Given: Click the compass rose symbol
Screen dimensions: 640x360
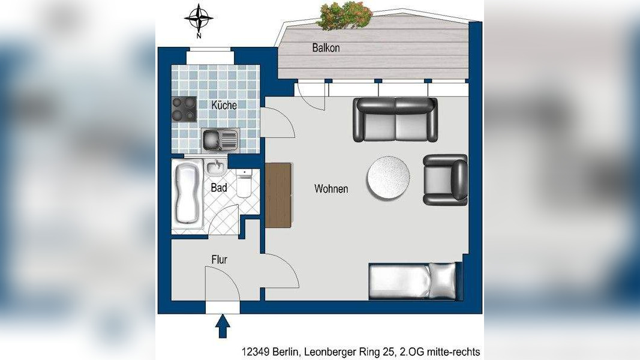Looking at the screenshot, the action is coord(199,19).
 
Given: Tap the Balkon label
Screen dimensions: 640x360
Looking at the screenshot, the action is coord(326,48).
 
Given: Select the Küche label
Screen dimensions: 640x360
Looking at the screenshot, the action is coord(224,105).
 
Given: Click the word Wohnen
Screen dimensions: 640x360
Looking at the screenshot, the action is coord(331,188).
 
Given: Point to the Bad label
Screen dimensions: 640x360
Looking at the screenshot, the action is coord(219,188).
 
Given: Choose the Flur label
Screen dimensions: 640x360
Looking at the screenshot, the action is coord(219,260).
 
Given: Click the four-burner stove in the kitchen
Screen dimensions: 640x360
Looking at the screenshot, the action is coord(184,109).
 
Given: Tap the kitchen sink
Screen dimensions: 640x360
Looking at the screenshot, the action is coord(220,139).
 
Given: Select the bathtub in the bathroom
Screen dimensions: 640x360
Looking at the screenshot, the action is coord(188,193).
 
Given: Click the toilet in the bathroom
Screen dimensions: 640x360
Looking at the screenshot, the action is coord(244,184).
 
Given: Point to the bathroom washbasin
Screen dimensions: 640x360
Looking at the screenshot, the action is coord(215,167).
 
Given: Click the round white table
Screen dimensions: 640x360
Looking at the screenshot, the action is coord(388,178).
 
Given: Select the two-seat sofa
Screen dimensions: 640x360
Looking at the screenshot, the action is coord(395,119).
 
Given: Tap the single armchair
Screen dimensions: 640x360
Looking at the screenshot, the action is coord(445,179).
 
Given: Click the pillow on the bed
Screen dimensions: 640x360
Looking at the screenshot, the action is coord(442,281).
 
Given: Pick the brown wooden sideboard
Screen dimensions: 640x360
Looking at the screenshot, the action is coord(278,195).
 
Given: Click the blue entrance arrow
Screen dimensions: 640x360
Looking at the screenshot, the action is coord(223,326).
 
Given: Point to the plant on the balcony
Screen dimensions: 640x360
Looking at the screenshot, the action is coord(345,16).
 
